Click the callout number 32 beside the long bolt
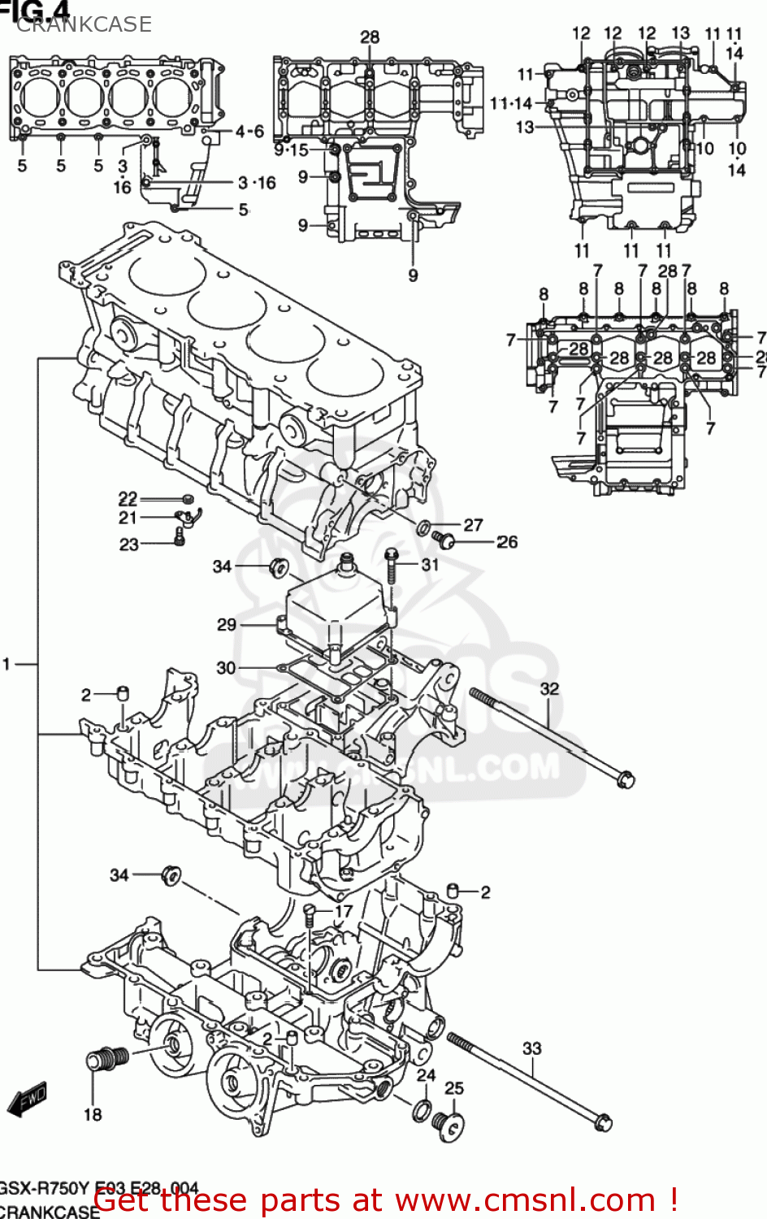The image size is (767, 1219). [549, 688]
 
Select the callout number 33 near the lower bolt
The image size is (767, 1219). [531, 1048]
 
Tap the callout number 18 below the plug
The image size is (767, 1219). [93, 1114]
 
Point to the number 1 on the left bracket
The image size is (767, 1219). [7, 665]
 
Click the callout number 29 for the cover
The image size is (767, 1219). [227, 624]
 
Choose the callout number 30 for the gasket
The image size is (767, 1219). [226, 667]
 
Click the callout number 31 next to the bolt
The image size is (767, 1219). [430, 564]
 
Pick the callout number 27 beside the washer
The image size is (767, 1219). [473, 525]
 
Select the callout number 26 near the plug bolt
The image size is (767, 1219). [507, 541]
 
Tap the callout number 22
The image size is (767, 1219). [128, 499]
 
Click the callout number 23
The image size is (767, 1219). [129, 544]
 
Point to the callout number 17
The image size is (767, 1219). [344, 911]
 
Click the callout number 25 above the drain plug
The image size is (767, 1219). [454, 1087]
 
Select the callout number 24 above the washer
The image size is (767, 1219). [426, 1075]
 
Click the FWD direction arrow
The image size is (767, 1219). [26, 1099]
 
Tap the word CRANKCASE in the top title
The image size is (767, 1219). [84, 24]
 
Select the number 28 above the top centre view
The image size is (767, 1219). [370, 37]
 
